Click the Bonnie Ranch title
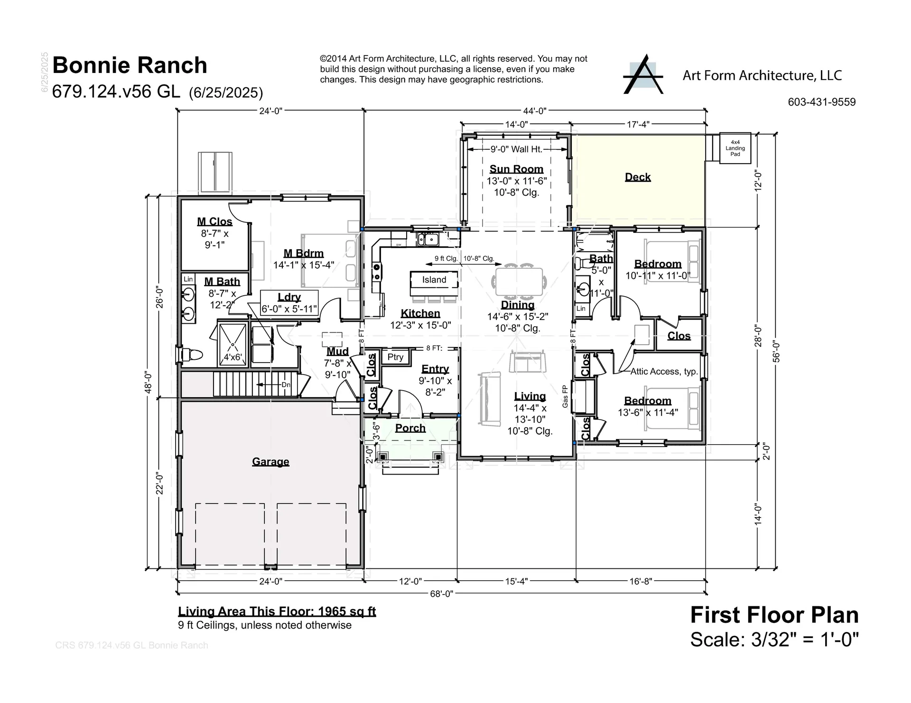click(130, 65)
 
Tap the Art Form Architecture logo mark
click(643, 75)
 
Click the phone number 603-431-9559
click(821, 102)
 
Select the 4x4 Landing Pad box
click(735, 148)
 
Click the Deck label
click(637, 177)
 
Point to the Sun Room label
click(516, 169)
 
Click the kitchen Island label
click(434, 280)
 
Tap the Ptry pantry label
click(395, 357)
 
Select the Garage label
click(270, 462)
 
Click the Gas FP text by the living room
click(565, 396)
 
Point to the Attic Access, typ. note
click(664, 372)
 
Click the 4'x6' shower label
click(232, 357)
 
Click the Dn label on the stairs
click(286, 384)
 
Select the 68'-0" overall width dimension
click(441, 593)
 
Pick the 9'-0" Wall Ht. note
click(516, 149)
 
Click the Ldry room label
click(289, 297)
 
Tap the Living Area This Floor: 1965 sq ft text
click(277, 612)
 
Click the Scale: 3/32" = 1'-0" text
click(774, 639)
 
